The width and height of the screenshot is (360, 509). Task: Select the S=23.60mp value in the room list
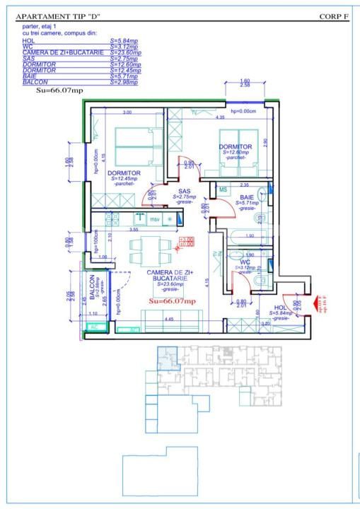pos(125,52)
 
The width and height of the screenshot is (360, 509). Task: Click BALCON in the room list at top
pos(35,82)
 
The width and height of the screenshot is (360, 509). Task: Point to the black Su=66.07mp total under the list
pos(59,90)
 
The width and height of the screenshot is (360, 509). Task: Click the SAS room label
pos(184,192)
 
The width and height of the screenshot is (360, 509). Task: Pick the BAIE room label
pos(247,197)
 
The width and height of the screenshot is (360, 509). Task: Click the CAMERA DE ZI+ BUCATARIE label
pos(166,276)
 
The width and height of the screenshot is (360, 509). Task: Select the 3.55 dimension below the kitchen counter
pos(133,230)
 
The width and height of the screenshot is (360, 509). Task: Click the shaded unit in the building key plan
pos(168,358)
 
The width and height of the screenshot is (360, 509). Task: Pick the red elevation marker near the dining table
pos(186,242)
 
